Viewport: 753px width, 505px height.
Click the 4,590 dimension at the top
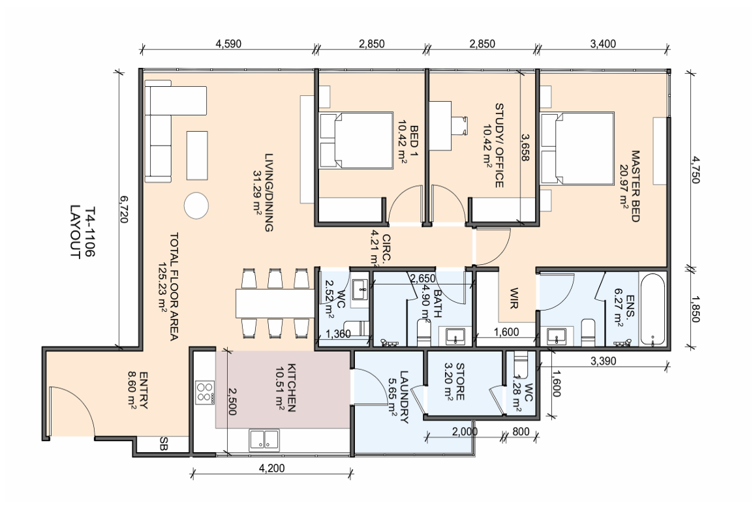click(228, 44)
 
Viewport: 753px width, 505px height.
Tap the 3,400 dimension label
click(603, 44)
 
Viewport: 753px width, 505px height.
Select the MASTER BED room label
click(636, 186)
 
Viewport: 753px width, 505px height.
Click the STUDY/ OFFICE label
click(499, 145)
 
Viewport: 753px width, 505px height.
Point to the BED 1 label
click(414, 137)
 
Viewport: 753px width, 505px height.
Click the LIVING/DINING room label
click(269, 192)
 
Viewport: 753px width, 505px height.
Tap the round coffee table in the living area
click(196, 206)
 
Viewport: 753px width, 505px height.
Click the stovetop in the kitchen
click(205, 392)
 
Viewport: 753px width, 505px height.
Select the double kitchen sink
click(264, 440)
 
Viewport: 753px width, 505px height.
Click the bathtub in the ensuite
click(653, 310)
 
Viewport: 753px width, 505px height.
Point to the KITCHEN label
click(292, 388)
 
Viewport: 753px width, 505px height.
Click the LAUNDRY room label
click(404, 397)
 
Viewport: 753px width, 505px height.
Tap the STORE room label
click(459, 382)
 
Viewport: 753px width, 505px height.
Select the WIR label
click(514, 298)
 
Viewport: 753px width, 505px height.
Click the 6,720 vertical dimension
click(123, 209)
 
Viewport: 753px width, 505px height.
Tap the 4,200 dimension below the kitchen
click(272, 468)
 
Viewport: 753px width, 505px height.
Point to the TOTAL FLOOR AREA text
click(174, 287)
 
